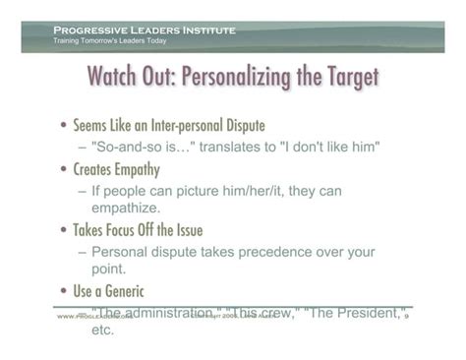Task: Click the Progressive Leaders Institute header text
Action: click(x=145, y=30)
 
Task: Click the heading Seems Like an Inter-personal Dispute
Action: click(x=169, y=126)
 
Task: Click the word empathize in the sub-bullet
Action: click(x=129, y=208)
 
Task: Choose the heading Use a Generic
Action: click(x=111, y=291)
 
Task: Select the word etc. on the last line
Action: click(x=102, y=330)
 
